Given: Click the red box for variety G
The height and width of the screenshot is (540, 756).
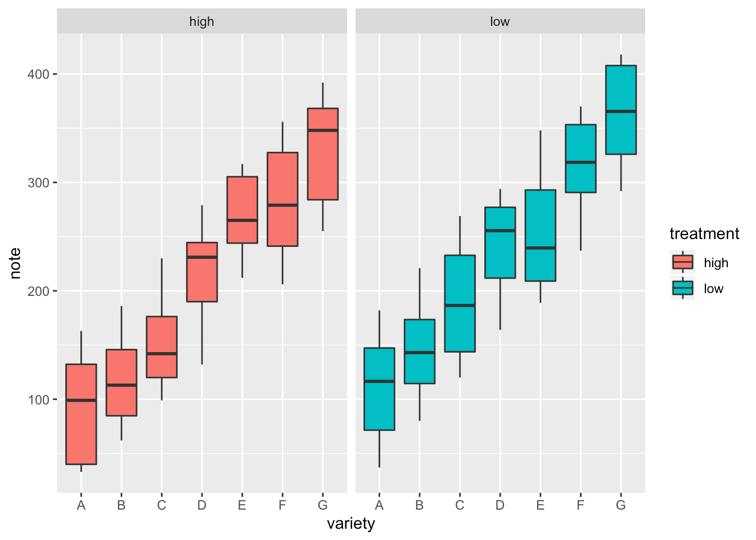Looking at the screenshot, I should click(322, 163).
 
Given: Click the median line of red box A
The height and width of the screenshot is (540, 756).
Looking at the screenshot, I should click(81, 400).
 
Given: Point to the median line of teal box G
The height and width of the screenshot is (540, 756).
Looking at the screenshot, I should click(620, 111).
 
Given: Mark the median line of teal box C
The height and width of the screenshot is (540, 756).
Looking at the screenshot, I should click(460, 305).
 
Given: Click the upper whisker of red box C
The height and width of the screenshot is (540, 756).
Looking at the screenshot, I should click(162, 287).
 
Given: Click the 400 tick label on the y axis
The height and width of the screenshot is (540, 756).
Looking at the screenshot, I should click(39, 74).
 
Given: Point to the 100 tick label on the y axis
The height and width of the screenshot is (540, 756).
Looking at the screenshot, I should click(39, 400).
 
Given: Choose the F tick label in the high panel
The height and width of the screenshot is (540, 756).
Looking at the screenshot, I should click(282, 505).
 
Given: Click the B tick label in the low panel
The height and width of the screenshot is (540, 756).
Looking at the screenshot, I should click(419, 505).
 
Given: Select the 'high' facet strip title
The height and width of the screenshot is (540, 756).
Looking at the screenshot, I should click(201, 21).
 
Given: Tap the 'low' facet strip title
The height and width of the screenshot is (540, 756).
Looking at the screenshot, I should click(499, 21).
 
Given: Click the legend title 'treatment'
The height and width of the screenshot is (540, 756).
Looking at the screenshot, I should click(704, 234).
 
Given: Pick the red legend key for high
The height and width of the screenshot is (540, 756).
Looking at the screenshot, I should click(683, 262).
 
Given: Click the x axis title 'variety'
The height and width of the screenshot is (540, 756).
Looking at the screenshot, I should click(351, 524).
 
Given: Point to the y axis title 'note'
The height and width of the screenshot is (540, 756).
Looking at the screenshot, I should click(16, 263).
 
